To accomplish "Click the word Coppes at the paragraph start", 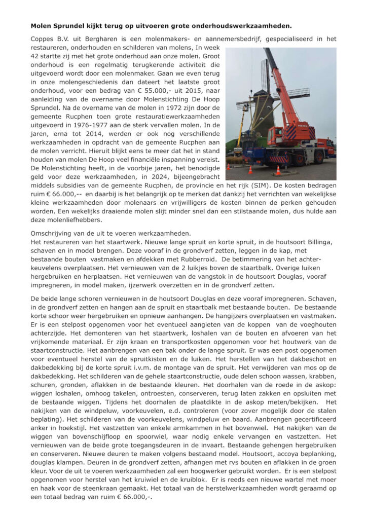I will click(x=44, y=39).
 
